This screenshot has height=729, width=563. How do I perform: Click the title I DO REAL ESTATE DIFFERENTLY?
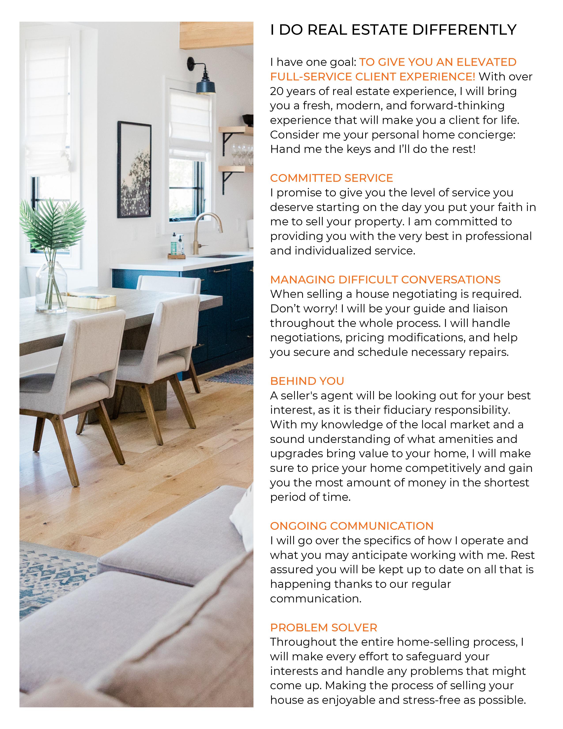click(x=393, y=30)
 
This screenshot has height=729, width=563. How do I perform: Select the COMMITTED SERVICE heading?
click(x=331, y=178)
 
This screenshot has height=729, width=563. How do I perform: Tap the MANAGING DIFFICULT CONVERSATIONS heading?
click(x=385, y=280)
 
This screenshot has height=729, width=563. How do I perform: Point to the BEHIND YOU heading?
click(x=307, y=381)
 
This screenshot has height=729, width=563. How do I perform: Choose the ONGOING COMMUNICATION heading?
click(x=351, y=526)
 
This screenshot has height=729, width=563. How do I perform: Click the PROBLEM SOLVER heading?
click(x=323, y=628)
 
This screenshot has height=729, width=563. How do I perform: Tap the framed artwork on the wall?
click(x=134, y=170)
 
